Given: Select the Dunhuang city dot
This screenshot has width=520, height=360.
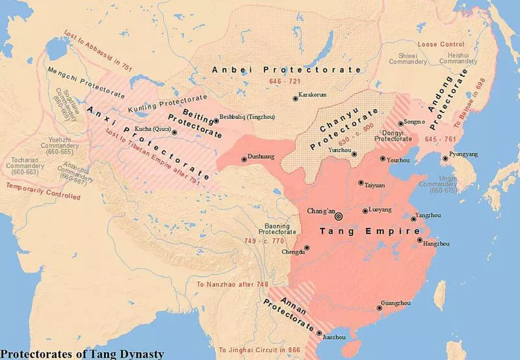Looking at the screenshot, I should [x=244, y=159].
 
